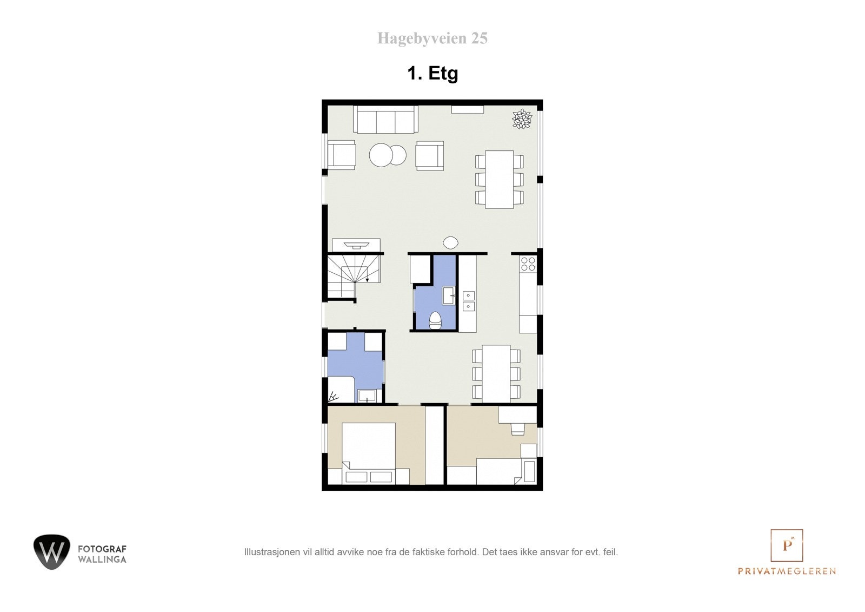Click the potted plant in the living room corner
[522, 119]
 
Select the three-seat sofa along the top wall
[385, 120]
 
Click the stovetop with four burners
[528, 264]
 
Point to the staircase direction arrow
[368, 279]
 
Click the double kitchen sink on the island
[468, 301]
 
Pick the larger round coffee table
[382, 155]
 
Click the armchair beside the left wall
[341, 155]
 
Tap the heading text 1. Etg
[432, 73]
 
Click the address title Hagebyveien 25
[432, 38]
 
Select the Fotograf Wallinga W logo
[52, 552]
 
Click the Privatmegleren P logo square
[787, 545]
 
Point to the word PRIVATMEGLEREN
[787, 571]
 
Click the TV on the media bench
[356, 245]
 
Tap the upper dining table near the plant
[499, 179]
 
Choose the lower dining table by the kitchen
[496, 373]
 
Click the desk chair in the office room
[517, 429]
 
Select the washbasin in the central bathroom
[449, 295]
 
